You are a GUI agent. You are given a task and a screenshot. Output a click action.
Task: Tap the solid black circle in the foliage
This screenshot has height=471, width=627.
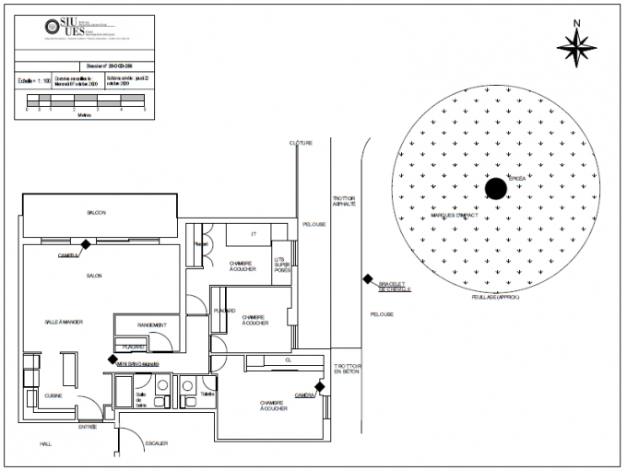(x=496, y=188)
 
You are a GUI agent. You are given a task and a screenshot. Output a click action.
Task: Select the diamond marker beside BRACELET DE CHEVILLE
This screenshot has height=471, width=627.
(x=366, y=281)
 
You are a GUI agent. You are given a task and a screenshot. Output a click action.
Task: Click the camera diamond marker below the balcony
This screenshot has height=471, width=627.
(x=86, y=244)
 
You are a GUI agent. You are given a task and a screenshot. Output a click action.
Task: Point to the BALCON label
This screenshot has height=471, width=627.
(x=96, y=213)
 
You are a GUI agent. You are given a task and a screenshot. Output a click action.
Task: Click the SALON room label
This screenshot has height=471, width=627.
(x=94, y=277)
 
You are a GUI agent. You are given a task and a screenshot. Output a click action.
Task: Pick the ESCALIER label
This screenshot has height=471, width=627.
(x=156, y=444)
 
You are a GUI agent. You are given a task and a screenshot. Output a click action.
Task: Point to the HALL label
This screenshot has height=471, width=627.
(x=45, y=444)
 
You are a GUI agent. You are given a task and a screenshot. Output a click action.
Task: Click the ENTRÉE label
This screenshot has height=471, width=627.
(x=88, y=427)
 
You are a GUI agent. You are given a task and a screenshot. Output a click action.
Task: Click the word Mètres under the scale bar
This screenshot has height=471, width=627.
(x=85, y=115)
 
